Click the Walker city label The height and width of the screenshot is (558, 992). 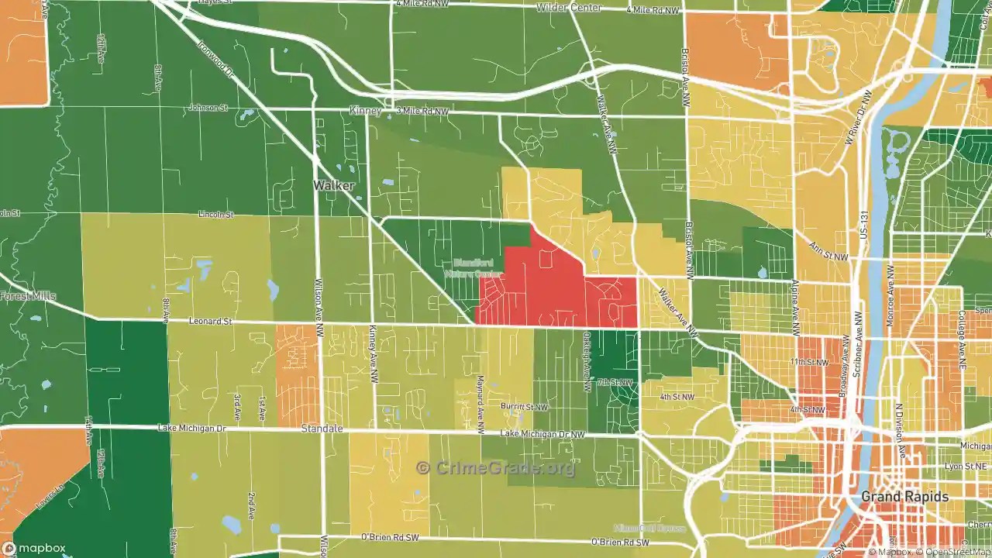333,186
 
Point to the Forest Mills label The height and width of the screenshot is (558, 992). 28,296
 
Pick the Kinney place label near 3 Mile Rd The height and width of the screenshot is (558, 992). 365,112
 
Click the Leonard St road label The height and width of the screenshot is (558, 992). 210,320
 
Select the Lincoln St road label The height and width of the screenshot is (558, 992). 215,214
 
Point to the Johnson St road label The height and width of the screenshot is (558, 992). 208,108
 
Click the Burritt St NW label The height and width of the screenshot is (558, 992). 525,406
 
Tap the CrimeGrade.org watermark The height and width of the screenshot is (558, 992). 496,468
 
